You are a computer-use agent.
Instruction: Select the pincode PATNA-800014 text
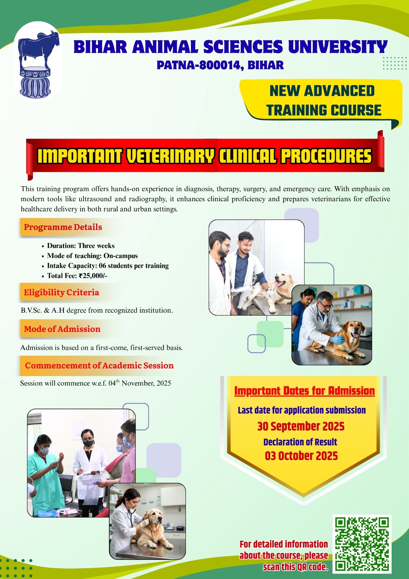pos(200,65)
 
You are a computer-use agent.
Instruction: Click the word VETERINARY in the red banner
pos(170,156)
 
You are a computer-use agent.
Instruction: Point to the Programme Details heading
pos(63,227)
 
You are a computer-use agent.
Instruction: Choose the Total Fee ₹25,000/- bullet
pos(77,276)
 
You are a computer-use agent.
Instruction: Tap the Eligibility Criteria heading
pos(61,292)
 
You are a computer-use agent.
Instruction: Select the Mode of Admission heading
pos(62,329)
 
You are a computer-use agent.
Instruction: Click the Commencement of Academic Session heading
pos(99,365)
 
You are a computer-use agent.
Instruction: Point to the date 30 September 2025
pos(301,426)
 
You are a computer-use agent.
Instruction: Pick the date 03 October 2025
pos(301,456)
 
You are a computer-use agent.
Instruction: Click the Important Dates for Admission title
pos(304,391)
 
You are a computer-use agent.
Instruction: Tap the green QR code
pos(362,544)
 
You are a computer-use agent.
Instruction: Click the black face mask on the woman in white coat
pos(88,443)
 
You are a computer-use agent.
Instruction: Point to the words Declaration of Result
pos(300,442)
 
